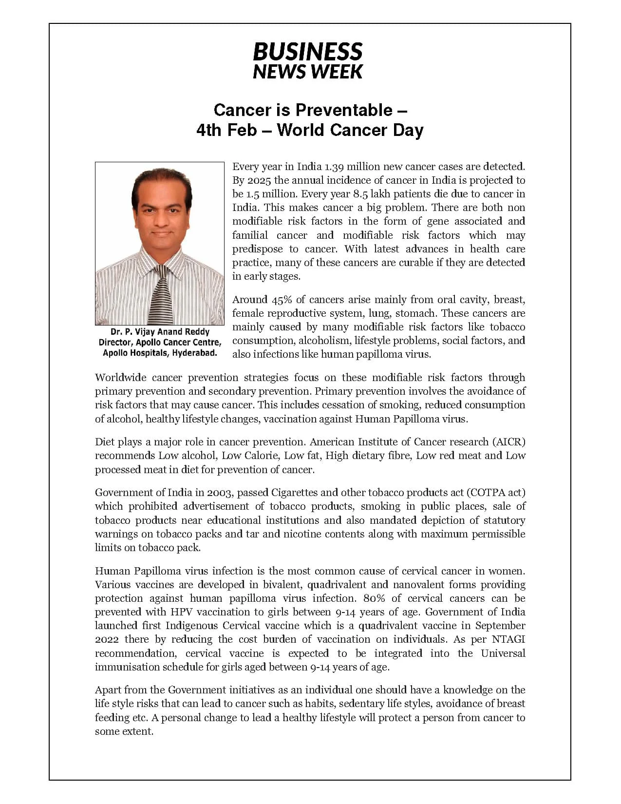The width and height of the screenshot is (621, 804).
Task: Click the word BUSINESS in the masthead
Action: pyautogui.click(x=308, y=52)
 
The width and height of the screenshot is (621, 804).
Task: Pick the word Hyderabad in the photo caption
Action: pyautogui.click(x=195, y=353)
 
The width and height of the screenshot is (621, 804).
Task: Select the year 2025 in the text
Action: pyautogui.click(x=259, y=180)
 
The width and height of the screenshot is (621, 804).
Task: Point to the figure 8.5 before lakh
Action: pyautogui.click(x=360, y=194)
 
